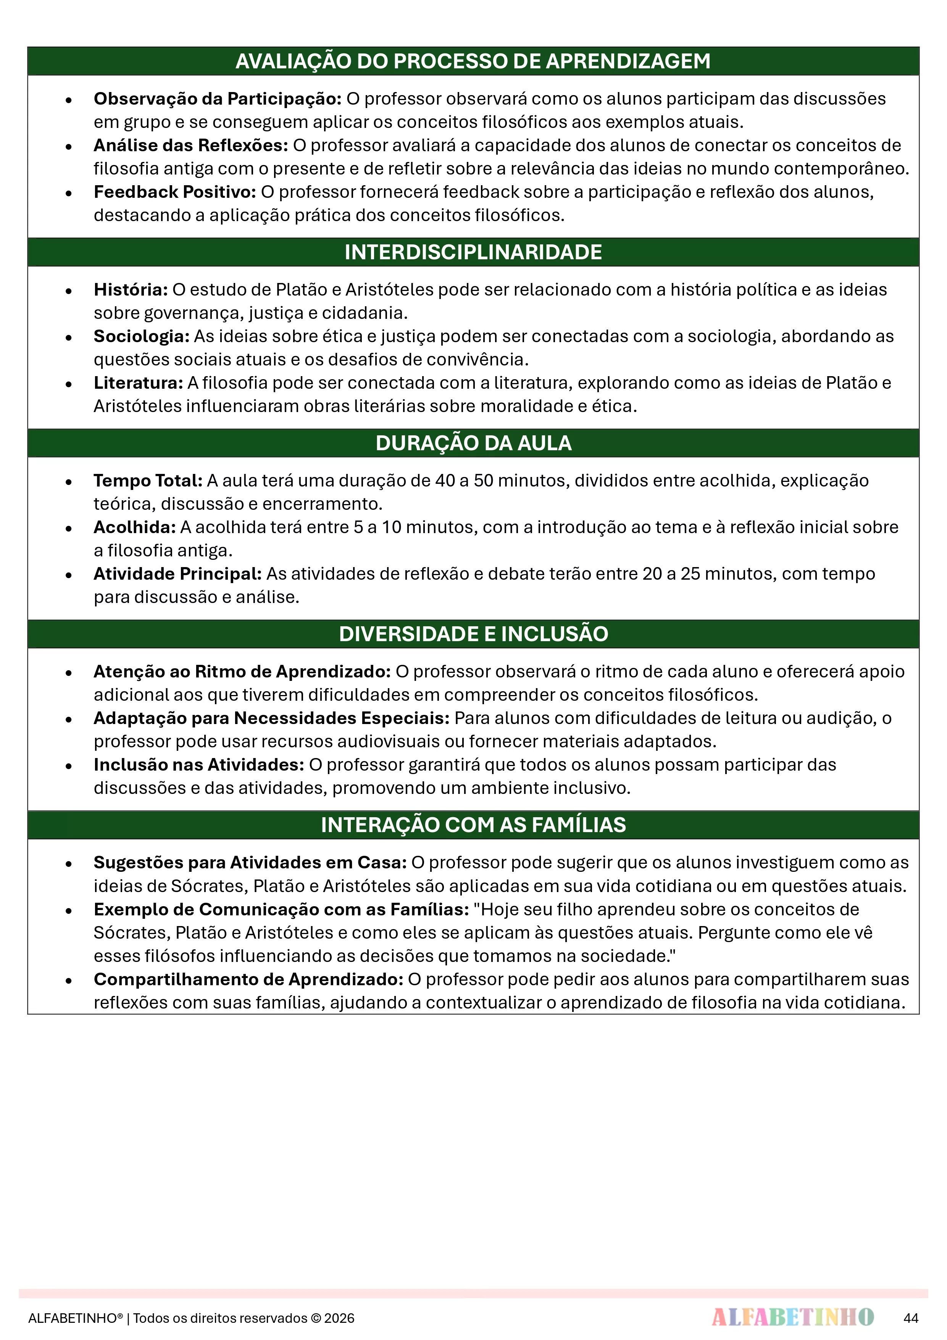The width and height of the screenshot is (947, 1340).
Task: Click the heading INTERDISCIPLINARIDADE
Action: tap(473, 252)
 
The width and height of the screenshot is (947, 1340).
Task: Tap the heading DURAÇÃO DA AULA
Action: tap(473, 443)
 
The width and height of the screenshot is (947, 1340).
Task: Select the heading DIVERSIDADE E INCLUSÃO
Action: tap(473, 634)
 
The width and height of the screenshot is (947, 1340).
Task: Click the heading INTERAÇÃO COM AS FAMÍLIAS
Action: tap(473, 825)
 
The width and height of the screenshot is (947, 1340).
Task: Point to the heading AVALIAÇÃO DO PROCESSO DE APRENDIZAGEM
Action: tap(473, 61)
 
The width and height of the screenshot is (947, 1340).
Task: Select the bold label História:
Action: tap(131, 289)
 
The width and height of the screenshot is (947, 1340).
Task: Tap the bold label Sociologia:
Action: tap(142, 336)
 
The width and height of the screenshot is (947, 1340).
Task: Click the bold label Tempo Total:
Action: tap(148, 480)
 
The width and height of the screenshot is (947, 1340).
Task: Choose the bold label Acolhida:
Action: tap(135, 527)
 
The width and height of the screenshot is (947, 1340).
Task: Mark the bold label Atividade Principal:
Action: tap(177, 574)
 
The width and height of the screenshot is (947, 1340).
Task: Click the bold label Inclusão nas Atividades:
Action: tap(199, 765)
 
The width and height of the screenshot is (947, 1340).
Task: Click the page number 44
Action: tap(910, 1318)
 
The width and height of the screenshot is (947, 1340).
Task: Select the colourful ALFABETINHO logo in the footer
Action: tap(792, 1317)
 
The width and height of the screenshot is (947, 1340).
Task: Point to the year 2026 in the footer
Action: tap(340, 1318)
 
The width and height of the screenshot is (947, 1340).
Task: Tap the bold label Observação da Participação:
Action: tap(218, 99)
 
